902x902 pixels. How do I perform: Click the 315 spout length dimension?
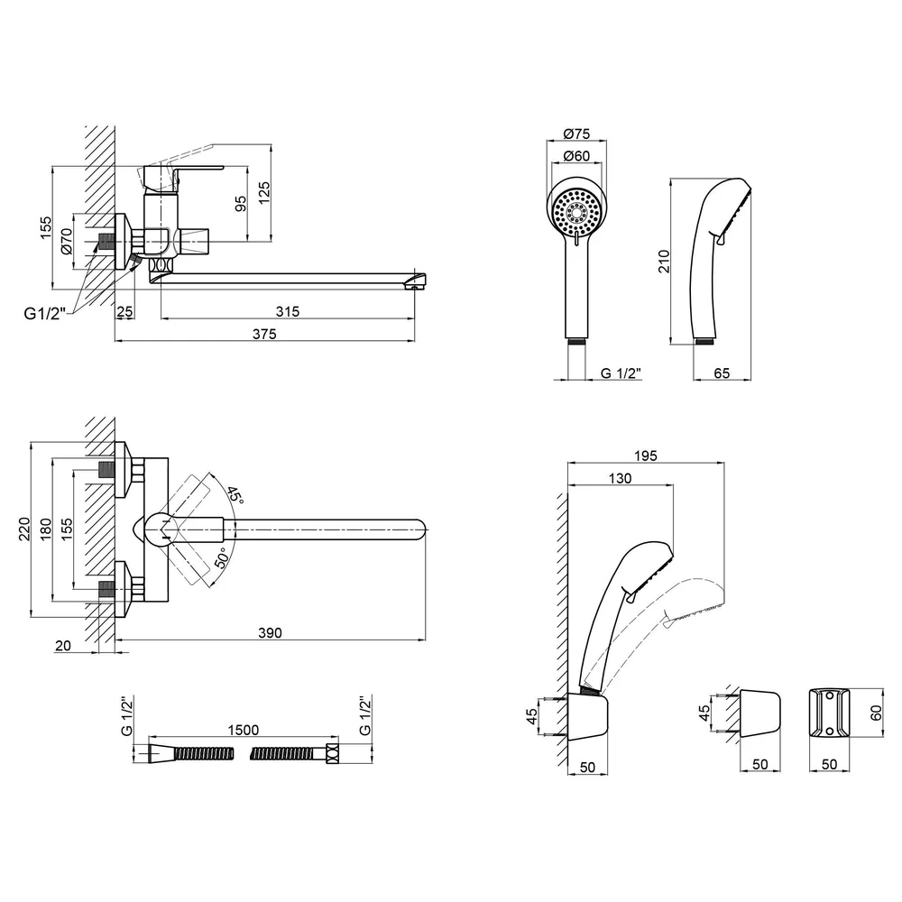pyautogui.click(x=288, y=311)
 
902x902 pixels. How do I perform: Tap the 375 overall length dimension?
pyautogui.click(x=264, y=334)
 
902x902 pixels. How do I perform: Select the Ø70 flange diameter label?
pyautogui.click(x=66, y=241)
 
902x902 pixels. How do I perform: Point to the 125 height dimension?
pyautogui.click(x=263, y=193)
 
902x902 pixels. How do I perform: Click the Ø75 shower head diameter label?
pyautogui.click(x=576, y=133)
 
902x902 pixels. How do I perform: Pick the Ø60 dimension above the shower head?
pyautogui.click(x=576, y=155)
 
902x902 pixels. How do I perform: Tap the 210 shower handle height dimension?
pyautogui.click(x=664, y=262)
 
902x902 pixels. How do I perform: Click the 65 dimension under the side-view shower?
pyautogui.click(x=722, y=373)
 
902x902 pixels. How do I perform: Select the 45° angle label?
pyautogui.click(x=235, y=494)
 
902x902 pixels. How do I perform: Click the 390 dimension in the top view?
pyautogui.click(x=270, y=633)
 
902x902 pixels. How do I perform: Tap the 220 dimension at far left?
pyautogui.click(x=24, y=529)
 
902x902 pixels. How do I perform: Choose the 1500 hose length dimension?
pyautogui.click(x=244, y=730)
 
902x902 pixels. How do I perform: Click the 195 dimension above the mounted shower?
pyautogui.click(x=646, y=456)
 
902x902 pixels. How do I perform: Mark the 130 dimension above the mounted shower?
pyautogui.click(x=620, y=478)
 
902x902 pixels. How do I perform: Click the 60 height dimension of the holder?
pyautogui.click(x=876, y=713)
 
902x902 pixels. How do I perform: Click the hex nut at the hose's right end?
pyautogui.click(x=332, y=753)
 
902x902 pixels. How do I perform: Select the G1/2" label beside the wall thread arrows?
pyautogui.click(x=45, y=314)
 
